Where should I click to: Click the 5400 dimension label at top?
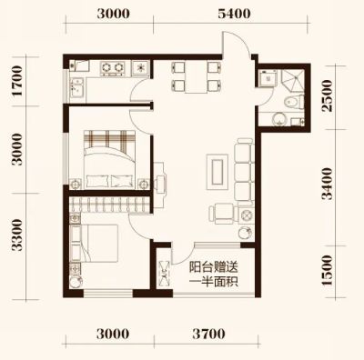click(234, 14)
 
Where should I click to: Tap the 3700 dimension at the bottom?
click(208, 334)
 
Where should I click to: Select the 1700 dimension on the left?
click(17, 81)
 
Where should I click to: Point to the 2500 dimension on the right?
click(328, 95)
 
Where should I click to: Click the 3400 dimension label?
click(328, 184)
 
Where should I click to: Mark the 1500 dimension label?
click(328, 270)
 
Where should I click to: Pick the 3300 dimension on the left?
click(17, 235)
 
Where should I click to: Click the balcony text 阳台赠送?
click(213, 268)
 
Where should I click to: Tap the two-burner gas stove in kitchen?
click(112, 68)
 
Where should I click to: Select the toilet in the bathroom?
click(295, 102)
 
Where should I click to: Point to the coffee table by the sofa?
click(217, 172)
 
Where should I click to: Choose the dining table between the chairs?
click(196, 77)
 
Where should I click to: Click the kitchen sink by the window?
click(76, 87)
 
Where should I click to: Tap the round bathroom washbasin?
click(279, 119)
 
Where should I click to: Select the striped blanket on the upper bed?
click(109, 140)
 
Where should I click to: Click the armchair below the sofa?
click(224, 213)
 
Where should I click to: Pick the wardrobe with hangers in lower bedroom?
click(110, 205)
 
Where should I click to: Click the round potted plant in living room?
click(245, 234)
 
